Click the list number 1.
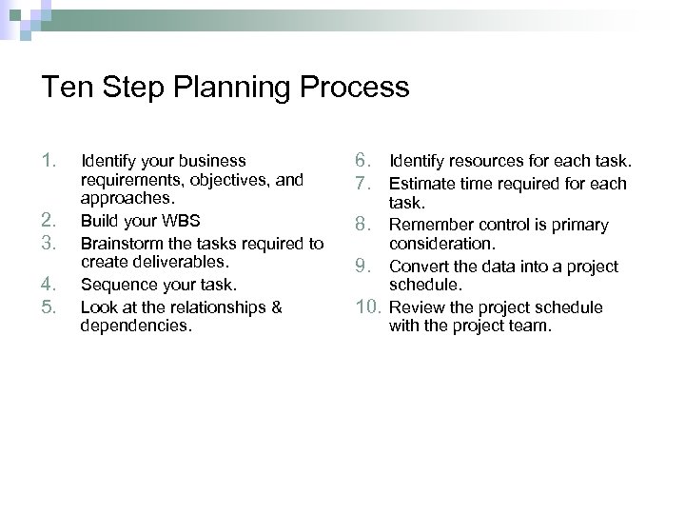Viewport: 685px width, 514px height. [x=50, y=160]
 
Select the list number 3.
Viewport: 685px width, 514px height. [x=51, y=242]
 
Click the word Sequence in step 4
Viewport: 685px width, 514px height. [x=116, y=284]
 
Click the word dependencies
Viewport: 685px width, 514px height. [x=135, y=326]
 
